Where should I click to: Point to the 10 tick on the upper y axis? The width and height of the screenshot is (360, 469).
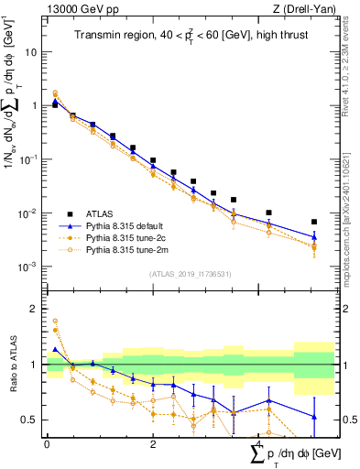pyautogui.click(x=34, y=52)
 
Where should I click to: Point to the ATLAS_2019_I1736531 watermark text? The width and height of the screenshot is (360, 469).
pyautogui.click(x=183, y=274)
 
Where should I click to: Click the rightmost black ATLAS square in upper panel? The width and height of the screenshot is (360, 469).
pyautogui.click(x=314, y=222)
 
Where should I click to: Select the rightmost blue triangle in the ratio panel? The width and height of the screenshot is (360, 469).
pyautogui.click(x=314, y=417)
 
